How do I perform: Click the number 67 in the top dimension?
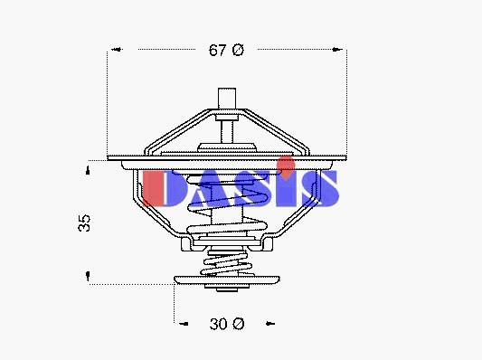218,50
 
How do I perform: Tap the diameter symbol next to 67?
238,50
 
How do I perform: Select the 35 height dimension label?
84,223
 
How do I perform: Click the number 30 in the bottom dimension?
219,324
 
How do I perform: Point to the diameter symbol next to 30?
238,324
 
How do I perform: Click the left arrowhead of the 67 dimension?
118,49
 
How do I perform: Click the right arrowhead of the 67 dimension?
337,49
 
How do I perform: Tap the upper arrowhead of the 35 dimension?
88,170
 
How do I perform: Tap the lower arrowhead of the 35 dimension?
88,276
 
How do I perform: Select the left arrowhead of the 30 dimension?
184,324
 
